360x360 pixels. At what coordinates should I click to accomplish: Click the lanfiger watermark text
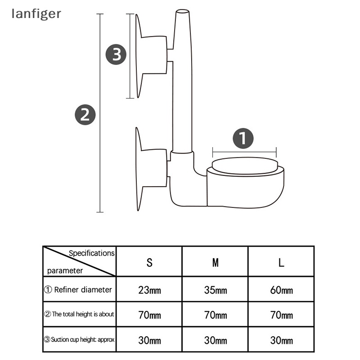coord(36,14)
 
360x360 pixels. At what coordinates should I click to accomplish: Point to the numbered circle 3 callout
coord(116,55)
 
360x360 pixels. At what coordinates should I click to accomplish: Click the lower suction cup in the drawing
coord(151,169)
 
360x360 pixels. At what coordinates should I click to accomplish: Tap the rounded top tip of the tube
coord(182,12)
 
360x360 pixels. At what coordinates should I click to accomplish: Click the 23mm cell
coord(149,290)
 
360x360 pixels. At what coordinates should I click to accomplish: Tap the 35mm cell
coord(216,290)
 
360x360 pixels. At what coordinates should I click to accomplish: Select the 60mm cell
coord(281,290)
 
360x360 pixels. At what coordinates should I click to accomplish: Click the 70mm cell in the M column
coord(216,315)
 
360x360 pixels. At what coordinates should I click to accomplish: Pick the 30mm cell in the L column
coord(281,340)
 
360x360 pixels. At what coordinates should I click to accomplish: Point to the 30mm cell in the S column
coord(149,340)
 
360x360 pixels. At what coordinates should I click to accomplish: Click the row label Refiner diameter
coord(79,290)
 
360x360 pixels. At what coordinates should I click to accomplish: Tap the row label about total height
coord(79,315)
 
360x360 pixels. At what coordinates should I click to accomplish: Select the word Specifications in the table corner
coord(91,253)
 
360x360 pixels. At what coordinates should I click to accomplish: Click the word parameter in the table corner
coord(65,271)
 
